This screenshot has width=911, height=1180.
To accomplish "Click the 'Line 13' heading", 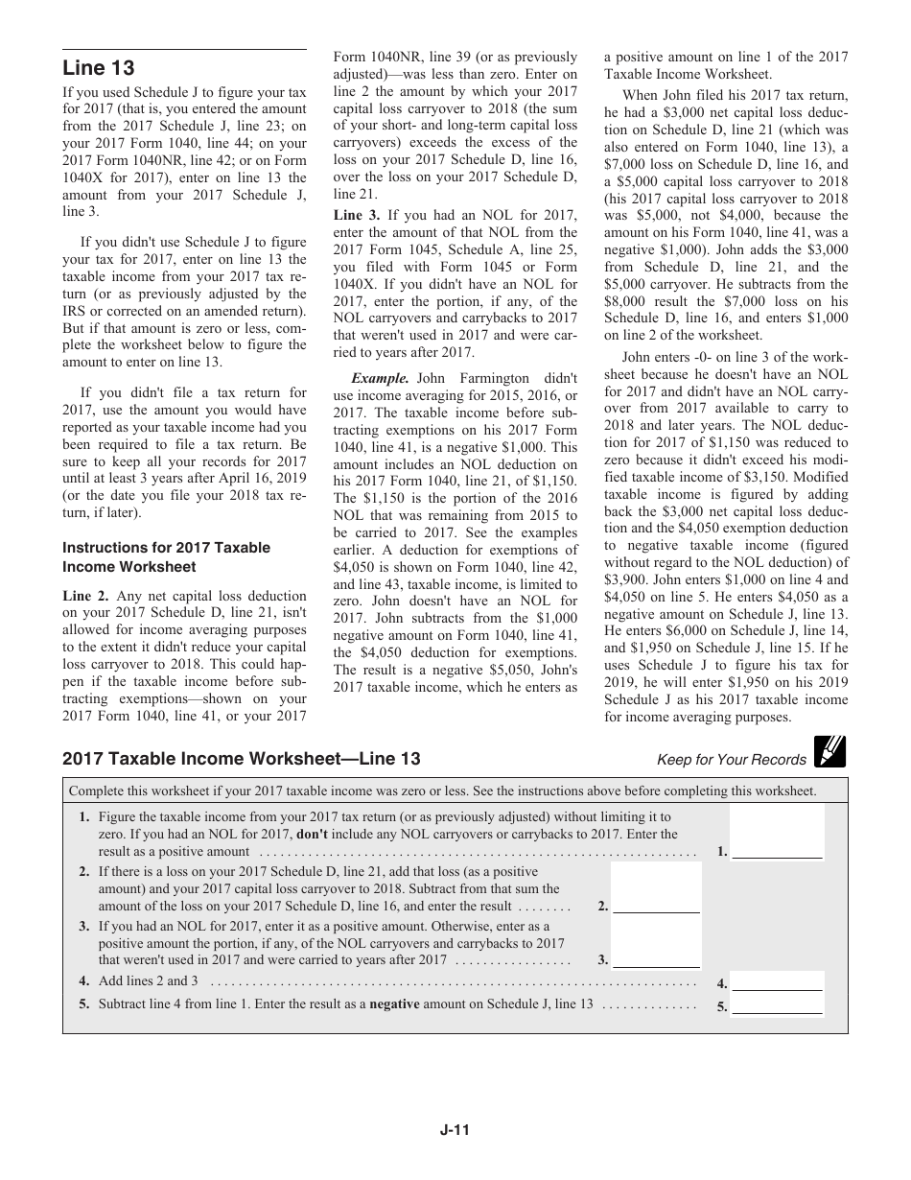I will [99, 68].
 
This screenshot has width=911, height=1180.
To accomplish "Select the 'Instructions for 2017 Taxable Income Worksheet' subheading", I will [166, 556].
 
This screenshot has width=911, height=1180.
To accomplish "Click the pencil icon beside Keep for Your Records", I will [829, 751].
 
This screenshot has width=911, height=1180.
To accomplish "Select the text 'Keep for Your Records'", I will [732, 760].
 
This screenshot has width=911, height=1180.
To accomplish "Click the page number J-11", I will [455, 1129].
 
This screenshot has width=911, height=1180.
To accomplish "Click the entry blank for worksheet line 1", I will [777, 850].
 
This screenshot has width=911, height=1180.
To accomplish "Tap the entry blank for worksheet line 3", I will [656, 959].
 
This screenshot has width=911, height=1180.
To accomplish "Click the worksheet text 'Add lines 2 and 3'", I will [149, 980].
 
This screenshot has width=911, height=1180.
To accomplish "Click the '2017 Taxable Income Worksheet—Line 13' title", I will [242, 759].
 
